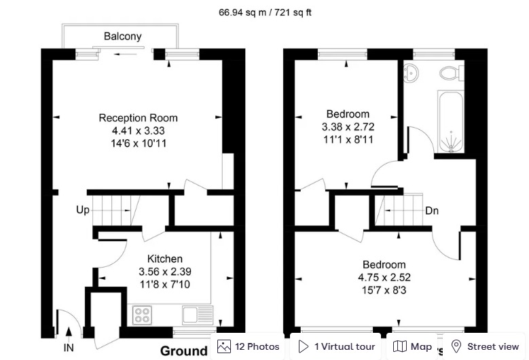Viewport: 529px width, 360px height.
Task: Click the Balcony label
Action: click(122, 36)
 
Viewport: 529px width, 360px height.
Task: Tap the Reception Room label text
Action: click(138, 118)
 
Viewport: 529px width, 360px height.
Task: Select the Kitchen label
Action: click(165, 259)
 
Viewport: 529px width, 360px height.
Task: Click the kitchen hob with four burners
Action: click(143, 315)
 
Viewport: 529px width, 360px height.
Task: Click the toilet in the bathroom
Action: click(449, 72)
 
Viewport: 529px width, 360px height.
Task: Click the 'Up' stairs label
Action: click(82, 210)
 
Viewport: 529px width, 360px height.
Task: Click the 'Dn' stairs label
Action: click(432, 211)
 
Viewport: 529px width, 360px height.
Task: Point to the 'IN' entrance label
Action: click(69, 347)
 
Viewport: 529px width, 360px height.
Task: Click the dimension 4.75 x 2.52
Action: click(384, 277)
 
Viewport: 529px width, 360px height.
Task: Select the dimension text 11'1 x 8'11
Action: click(348, 139)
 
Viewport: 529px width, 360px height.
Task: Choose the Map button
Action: click(413, 346)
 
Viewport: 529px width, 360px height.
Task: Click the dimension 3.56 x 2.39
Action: click(165, 272)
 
